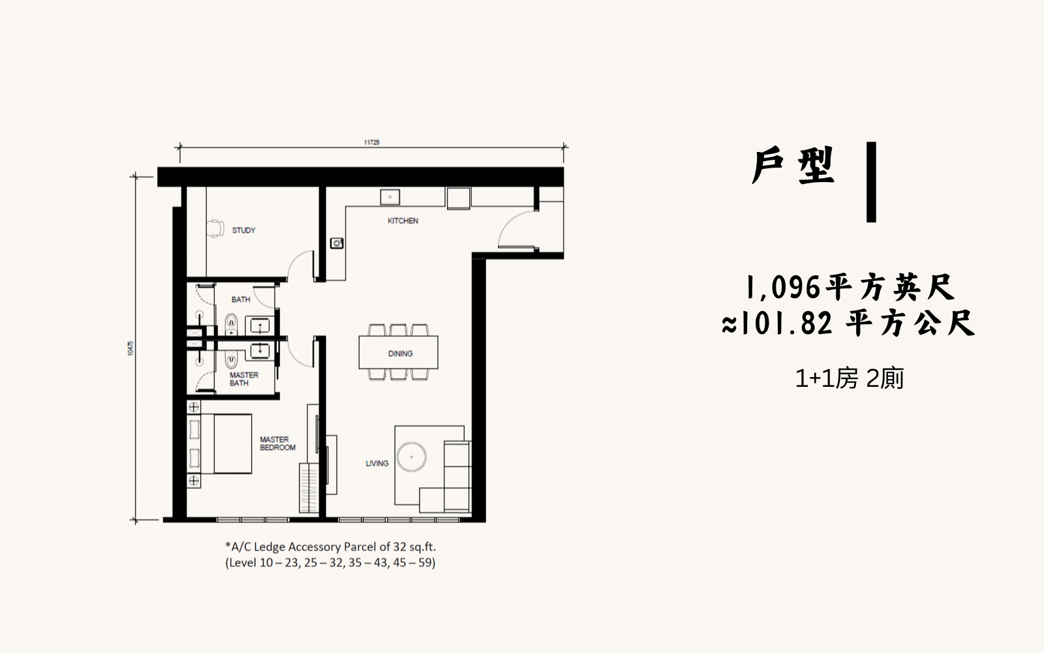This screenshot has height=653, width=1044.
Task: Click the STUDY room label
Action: pos(243,230)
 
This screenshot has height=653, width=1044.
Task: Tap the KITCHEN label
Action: pos(403,221)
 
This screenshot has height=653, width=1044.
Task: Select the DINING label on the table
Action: pos(401,354)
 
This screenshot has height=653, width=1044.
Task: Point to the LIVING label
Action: pos(376,463)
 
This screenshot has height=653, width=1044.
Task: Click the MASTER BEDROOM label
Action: pos(277,444)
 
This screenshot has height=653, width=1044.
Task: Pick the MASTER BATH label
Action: pos(244,379)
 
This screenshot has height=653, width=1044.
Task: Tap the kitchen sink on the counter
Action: pos(390,197)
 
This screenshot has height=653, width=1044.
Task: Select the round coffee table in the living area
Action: pos(412,457)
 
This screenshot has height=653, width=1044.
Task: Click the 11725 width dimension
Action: pos(371,143)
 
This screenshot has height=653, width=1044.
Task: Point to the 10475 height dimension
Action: pos(130,348)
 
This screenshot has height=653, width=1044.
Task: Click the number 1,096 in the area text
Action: pos(783,288)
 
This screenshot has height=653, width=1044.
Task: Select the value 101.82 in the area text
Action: pos(786,324)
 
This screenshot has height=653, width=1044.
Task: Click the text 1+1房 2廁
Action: pos(849,378)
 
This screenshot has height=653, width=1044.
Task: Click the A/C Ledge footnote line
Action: pos(330,547)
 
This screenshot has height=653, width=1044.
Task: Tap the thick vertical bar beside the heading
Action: pos(871,182)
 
